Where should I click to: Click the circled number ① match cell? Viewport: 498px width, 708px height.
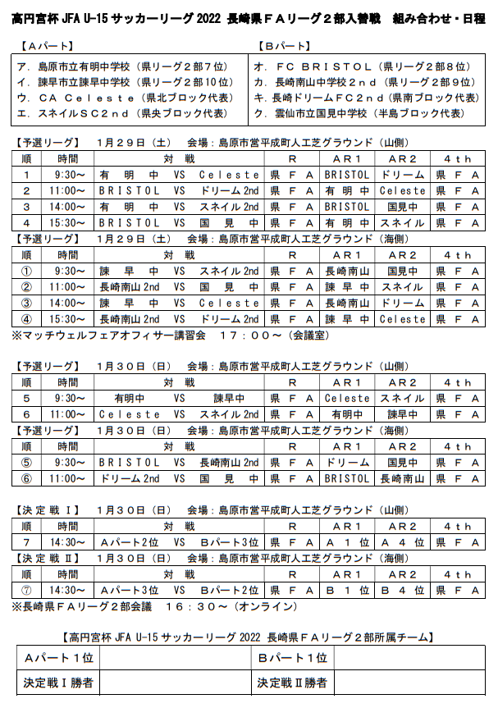click(27, 271)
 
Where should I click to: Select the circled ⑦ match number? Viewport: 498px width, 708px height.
click(27, 590)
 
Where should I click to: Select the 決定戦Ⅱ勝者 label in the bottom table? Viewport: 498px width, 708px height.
click(294, 682)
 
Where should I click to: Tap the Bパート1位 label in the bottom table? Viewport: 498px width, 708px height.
click(294, 658)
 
